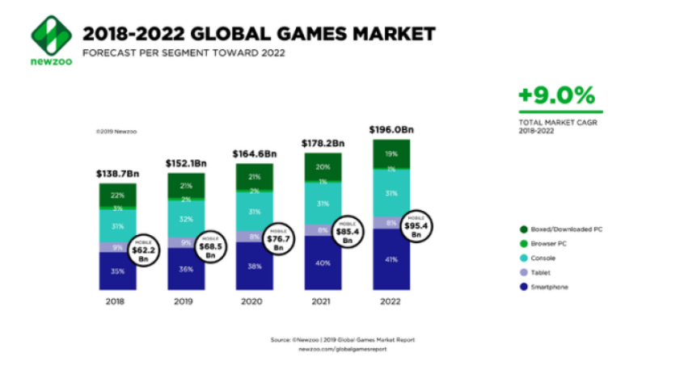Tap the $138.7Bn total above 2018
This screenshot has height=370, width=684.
pyautogui.click(x=118, y=174)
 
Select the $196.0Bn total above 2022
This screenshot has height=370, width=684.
pyautogui.click(x=391, y=128)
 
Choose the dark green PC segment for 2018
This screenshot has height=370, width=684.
pyautogui.click(x=118, y=195)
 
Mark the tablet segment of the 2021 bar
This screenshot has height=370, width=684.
pyautogui.click(x=323, y=230)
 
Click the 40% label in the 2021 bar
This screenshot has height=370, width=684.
pyautogui.click(x=323, y=262)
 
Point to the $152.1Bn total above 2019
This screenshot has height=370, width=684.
pyautogui.click(x=186, y=163)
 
